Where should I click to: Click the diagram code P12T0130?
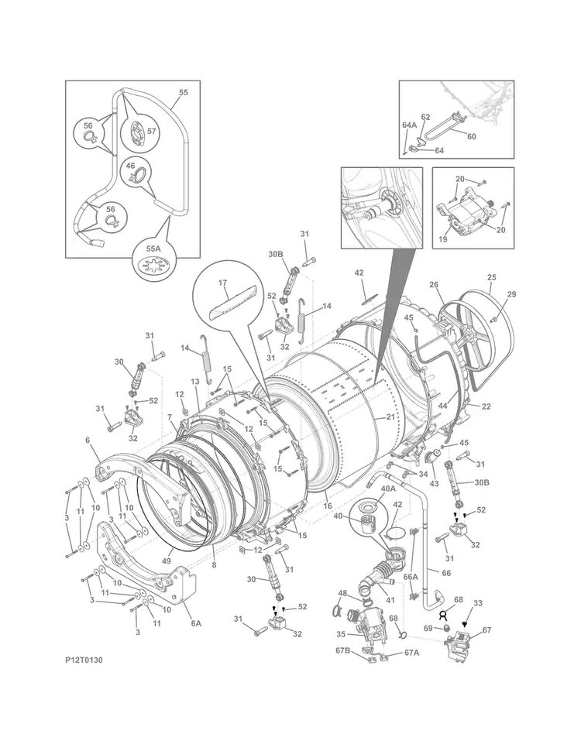click(84, 660)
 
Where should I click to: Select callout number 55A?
click(153, 249)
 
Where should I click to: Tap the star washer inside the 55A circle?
click(152, 269)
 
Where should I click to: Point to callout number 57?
click(152, 131)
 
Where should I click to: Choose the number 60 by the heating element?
click(471, 135)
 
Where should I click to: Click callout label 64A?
click(409, 125)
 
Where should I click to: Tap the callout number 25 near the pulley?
click(491, 277)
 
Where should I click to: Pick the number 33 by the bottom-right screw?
click(478, 602)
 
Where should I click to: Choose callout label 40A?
click(387, 489)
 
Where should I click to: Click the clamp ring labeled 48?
click(336, 611)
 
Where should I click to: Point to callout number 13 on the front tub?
click(195, 382)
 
